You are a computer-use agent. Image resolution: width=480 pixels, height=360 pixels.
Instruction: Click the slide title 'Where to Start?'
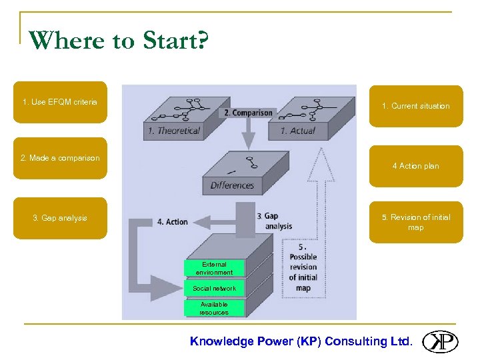pos(119,41)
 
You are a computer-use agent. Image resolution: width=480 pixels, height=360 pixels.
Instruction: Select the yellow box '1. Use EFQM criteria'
pos(60,103)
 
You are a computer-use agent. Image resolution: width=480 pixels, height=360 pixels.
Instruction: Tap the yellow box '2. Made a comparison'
pos(60,159)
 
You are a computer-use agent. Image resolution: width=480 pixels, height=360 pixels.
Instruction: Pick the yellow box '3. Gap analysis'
pos(60,218)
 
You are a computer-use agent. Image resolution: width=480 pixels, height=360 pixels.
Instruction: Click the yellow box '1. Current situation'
pos(416,106)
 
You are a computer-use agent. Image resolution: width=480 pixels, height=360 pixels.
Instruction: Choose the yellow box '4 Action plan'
pos(416,166)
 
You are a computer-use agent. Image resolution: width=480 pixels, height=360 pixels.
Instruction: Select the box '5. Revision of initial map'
pos(416,222)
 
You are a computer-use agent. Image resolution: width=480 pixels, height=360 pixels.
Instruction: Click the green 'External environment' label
pos(214,268)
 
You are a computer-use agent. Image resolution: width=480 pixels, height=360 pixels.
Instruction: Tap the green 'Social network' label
pos(214,288)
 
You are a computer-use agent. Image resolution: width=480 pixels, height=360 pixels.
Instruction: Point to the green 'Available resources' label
pos(214,308)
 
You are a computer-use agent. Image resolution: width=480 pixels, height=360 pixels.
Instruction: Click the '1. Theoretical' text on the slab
pos(174,131)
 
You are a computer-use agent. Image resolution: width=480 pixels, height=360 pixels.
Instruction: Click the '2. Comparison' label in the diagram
pos(248,113)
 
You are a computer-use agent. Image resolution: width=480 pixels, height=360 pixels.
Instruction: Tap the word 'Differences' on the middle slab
pos(232,185)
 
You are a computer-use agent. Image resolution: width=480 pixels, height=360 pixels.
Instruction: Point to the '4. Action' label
pos(173,221)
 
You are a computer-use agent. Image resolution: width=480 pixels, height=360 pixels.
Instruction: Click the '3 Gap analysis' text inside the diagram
pos(274,221)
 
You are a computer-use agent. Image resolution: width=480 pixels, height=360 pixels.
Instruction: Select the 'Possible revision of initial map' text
pos(303,267)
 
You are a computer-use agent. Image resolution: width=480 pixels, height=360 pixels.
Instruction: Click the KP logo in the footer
pos(440,341)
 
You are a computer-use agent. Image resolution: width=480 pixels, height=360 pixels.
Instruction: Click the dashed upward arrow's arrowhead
pos(322,160)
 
